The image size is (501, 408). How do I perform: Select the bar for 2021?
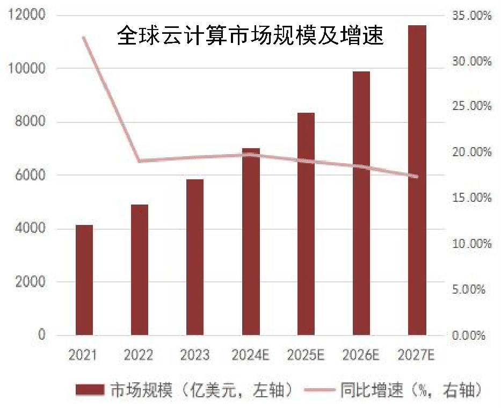(84, 280)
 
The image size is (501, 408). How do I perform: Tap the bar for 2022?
(140, 269)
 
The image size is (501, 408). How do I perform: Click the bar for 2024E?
(251, 242)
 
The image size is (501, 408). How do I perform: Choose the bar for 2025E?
(306, 224)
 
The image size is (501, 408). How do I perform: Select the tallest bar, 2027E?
(417, 180)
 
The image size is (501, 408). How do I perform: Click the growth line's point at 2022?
(140, 161)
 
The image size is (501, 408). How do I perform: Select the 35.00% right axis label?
(472, 16)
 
